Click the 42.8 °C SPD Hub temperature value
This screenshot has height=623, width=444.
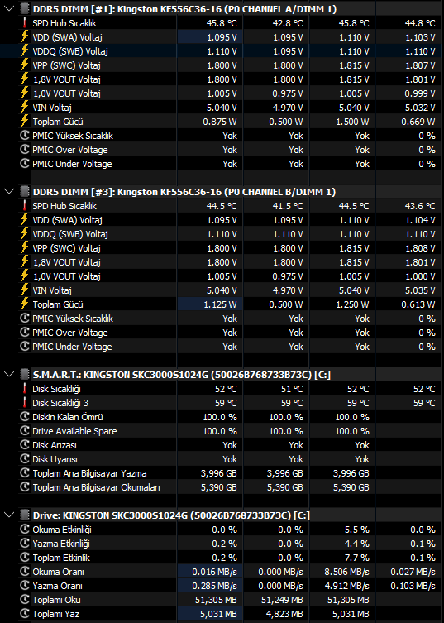(x=288, y=23)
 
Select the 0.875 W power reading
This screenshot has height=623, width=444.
(x=220, y=122)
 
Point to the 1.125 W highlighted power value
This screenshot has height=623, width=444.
(x=220, y=304)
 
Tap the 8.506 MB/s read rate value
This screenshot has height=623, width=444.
(x=346, y=573)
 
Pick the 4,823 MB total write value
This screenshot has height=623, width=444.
(x=284, y=614)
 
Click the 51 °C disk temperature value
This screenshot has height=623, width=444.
(x=292, y=389)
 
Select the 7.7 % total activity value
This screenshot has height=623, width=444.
(x=356, y=558)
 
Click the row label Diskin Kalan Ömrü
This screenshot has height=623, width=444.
(x=68, y=417)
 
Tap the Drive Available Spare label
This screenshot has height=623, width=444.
(x=74, y=432)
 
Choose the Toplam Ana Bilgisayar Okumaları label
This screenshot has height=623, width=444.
(x=96, y=487)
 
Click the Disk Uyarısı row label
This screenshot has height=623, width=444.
(x=55, y=459)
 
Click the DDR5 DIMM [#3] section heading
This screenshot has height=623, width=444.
(x=184, y=192)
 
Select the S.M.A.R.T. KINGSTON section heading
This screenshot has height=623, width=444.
(x=182, y=375)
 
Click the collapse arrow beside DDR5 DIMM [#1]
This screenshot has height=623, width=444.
(x=9, y=9)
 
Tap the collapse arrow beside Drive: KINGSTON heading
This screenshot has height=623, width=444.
(x=9, y=515)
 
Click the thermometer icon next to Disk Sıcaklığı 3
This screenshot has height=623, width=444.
(x=25, y=403)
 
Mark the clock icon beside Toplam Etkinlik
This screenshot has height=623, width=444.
(x=25, y=558)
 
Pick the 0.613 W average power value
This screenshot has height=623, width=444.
(x=418, y=304)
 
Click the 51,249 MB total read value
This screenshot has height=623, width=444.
(x=282, y=600)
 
